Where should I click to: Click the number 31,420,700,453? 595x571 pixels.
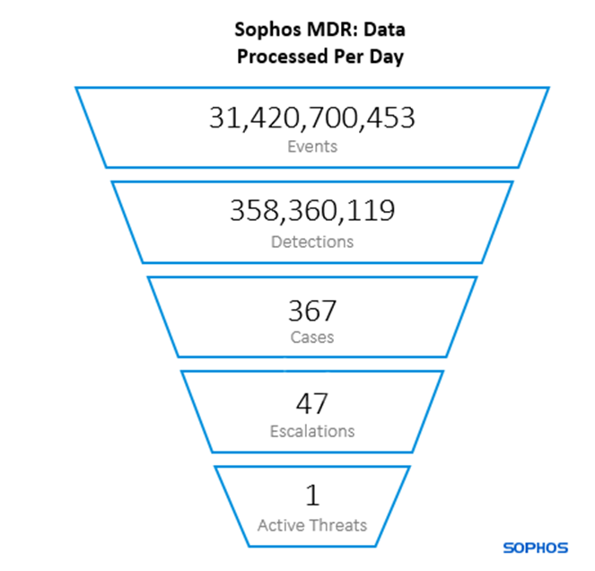point(312,118)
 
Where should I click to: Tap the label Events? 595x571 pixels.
point(312,145)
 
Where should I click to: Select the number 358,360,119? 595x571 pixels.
point(312,213)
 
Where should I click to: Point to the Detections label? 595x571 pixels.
point(312,241)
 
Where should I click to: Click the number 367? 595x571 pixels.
point(312,311)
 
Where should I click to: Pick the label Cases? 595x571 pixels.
point(312,338)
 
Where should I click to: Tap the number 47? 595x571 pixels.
point(312,403)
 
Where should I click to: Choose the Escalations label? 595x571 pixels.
point(312,431)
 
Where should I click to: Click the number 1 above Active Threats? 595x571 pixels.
point(312,496)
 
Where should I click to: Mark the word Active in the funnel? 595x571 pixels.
point(281,525)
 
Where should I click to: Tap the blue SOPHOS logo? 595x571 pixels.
point(534,547)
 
